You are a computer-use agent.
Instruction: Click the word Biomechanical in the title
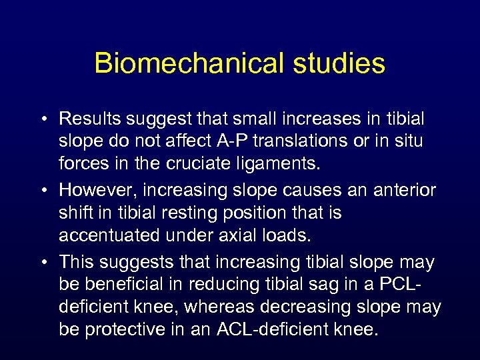[x=183, y=63]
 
